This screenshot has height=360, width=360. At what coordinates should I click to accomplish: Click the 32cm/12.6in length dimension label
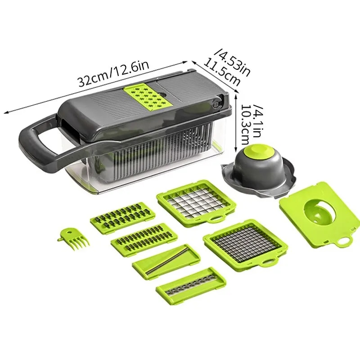[x=112, y=75]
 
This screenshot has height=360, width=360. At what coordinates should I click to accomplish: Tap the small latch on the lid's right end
[x=216, y=104]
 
